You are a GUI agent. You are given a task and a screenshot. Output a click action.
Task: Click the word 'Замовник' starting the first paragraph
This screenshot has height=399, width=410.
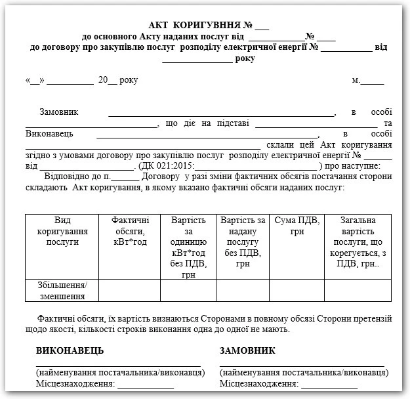(59, 112)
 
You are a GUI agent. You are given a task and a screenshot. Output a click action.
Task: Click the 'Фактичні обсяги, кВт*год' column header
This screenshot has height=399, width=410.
(130, 231)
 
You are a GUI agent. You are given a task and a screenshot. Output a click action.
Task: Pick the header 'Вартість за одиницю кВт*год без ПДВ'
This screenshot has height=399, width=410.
(188, 242)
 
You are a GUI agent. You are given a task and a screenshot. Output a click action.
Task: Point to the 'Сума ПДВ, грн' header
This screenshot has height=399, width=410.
(297, 226)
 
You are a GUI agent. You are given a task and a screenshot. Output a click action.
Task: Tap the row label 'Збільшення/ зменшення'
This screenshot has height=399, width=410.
(62, 290)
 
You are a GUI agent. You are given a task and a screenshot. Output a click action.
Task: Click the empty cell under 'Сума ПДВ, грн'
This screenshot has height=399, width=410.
(297, 290)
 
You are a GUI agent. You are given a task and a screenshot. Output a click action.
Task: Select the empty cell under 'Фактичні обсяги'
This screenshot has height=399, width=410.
(130, 290)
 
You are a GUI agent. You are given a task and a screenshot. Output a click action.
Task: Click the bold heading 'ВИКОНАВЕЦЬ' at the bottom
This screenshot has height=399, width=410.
(70, 351)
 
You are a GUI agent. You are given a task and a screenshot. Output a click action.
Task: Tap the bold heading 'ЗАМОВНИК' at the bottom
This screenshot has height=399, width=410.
(248, 351)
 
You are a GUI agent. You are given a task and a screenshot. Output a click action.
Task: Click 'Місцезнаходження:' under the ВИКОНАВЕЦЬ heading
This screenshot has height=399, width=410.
(75, 383)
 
